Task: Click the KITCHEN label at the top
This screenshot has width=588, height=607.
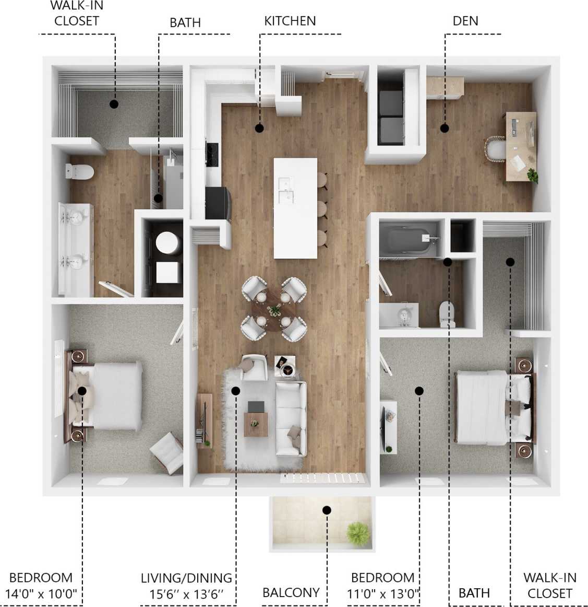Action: [x=290, y=21]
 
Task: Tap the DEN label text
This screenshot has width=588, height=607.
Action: [x=465, y=21]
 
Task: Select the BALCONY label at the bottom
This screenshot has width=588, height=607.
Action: [x=291, y=592]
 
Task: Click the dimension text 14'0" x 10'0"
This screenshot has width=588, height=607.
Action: [x=41, y=593]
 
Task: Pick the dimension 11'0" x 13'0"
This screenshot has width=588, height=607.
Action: [x=383, y=593]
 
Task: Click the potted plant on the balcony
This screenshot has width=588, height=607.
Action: [x=358, y=533]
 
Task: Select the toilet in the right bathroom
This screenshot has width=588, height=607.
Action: [x=447, y=314]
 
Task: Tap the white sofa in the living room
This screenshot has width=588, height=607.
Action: [x=291, y=418]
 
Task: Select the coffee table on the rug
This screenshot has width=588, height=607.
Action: [x=256, y=423]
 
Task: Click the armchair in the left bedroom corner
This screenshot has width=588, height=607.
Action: [x=167, y=452]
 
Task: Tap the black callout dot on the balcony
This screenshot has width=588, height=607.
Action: [x=327, y=510]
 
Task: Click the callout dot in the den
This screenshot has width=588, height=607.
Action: [x=444, y=127]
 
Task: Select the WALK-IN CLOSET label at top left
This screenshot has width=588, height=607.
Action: [x=77, y=14]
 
